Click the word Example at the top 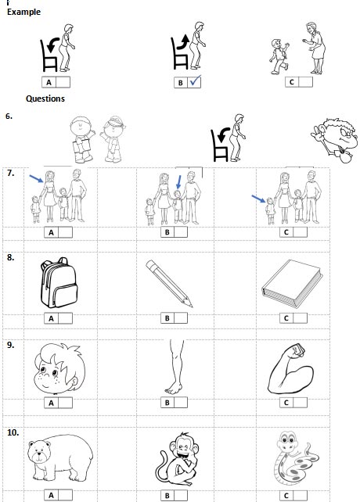click(24, 13)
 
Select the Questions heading click(45, 99)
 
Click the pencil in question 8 click(170, 283)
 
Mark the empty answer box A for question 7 click(63, 232)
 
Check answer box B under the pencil click(180, 318)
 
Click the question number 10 click(13, 431)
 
